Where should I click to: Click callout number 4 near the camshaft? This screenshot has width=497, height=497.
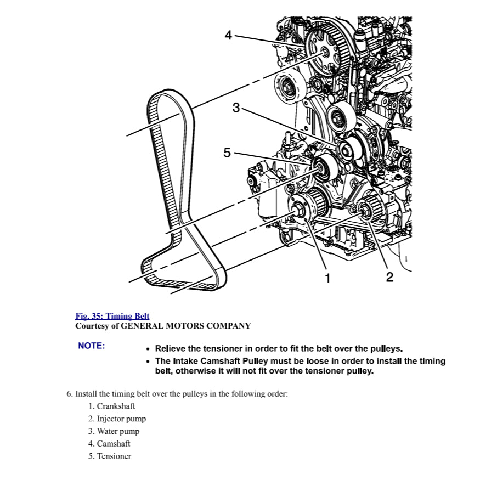click(229, 36)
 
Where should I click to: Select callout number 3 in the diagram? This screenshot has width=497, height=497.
click(236, 108)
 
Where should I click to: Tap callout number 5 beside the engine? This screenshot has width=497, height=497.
click(227, 153)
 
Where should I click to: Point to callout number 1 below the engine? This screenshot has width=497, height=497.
click(327, 279)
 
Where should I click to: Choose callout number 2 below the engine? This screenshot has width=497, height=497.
click(389, 277)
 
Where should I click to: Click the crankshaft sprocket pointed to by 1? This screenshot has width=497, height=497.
click(301, 208)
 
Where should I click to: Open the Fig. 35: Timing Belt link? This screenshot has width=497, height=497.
click(112, 316)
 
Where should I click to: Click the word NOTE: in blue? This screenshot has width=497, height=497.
click(92, 346)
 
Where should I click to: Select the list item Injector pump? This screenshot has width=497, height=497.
click(121, 419)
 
